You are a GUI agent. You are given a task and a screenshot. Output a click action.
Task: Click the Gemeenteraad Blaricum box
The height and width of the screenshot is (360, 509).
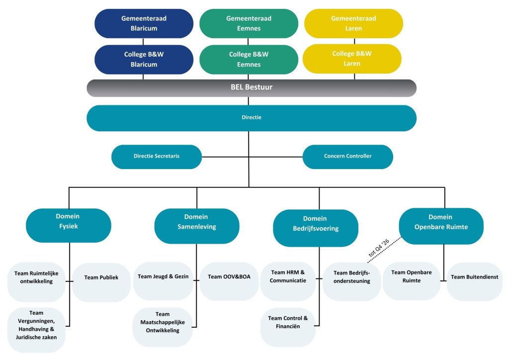[x=144, y=23]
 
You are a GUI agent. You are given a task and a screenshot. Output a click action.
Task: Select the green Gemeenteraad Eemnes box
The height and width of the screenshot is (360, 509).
[x=249, y=23]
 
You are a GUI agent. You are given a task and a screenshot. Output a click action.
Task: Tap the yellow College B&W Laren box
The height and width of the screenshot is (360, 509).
[x=352, y=59]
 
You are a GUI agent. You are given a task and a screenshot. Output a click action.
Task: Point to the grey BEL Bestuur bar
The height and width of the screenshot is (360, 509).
[x=251, y=88]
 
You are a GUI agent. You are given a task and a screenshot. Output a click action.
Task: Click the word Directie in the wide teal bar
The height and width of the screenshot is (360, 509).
[x=251, y=118]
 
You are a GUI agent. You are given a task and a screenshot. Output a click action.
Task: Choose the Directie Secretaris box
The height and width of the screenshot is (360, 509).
[x=157, y=156]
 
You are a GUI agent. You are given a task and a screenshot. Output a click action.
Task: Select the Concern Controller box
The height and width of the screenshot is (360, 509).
[x=347, y=156]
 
